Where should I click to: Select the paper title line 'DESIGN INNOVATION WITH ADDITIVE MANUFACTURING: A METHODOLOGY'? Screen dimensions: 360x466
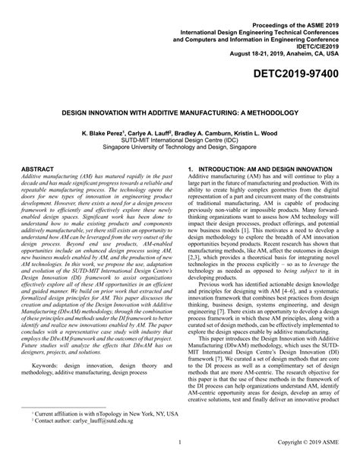click(x=179, y=109)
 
